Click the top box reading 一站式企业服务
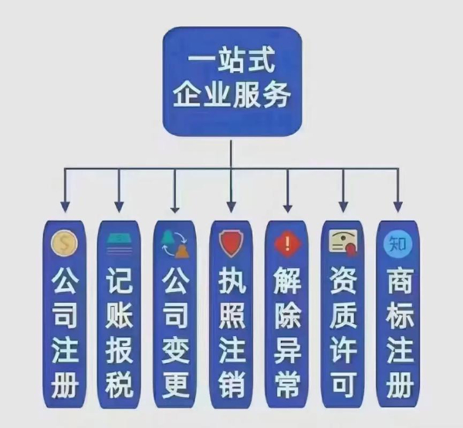pos(232,82)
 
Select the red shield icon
pos(231,243)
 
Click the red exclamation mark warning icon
pos(287,244)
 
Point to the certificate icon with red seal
pos(343,243)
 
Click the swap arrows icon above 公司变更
pos(175,244)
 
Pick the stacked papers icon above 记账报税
pos(120,243)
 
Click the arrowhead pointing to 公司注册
pos(65,206)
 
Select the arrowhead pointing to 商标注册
pos(398,206)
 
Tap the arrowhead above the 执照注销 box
pos(231,206)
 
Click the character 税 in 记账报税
pos(120,384)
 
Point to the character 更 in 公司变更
pos(175,384)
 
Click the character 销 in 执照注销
pos(231,384)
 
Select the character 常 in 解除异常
pos(287,384)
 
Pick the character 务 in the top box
pos(276,95)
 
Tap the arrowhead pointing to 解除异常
pos(287,206)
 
